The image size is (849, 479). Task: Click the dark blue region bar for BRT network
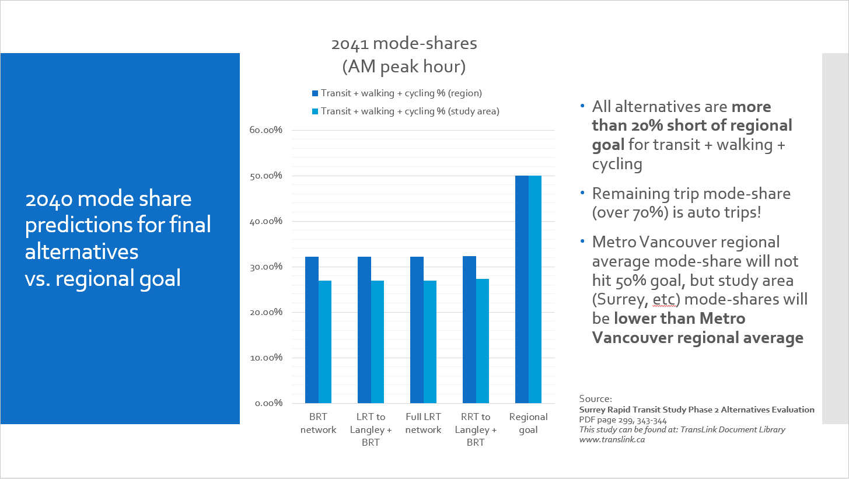click(x=312, y=330)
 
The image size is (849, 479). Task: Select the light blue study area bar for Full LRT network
click(x=429, y=342)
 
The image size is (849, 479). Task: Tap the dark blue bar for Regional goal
click(x=522, y=289)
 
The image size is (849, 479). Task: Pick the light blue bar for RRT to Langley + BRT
click(x=482, y=341)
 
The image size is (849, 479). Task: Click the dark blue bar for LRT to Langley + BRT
click(x=364, y=330)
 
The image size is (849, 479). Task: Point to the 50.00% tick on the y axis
click(x=267, y=176)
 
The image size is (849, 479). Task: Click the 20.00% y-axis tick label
click(x=267, y=312)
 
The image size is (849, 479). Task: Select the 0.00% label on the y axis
click(x=269, y=403)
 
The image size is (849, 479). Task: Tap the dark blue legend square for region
click(x=315, y=93)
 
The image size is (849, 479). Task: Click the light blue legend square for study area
click(x=315, y=111)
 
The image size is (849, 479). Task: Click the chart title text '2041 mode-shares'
click(x=404, y=44)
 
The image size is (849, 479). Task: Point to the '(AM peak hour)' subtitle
click(x=404, y=67)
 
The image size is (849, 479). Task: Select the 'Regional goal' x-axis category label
click(x=528, y=423)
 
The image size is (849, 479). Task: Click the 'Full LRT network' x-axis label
click(x=423, y=423)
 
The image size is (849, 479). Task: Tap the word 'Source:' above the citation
click(x=595, y=399)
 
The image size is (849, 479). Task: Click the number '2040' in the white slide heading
click(x=48, y=199)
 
